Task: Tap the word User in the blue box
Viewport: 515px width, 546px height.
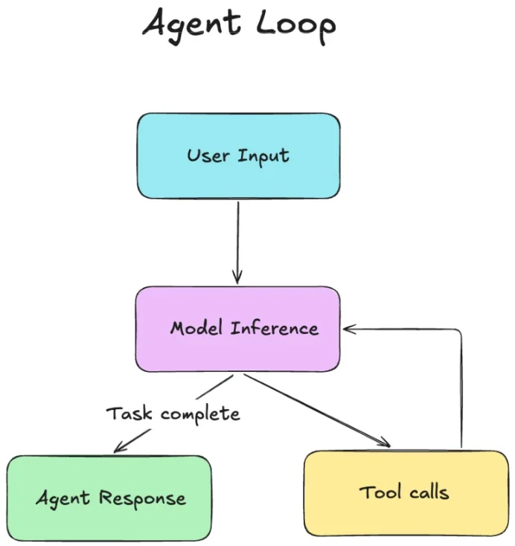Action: click(208, 156)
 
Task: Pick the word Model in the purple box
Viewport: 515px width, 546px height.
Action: click(197, 328)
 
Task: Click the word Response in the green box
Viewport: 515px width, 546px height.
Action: click(142, 498)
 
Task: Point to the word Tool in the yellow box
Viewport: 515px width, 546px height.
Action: click(377, 492)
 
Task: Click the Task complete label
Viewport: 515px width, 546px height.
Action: click(173, 414)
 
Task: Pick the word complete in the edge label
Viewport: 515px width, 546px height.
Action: click(200, 414)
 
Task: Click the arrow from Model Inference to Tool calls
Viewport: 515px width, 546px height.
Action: click(316, 411)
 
